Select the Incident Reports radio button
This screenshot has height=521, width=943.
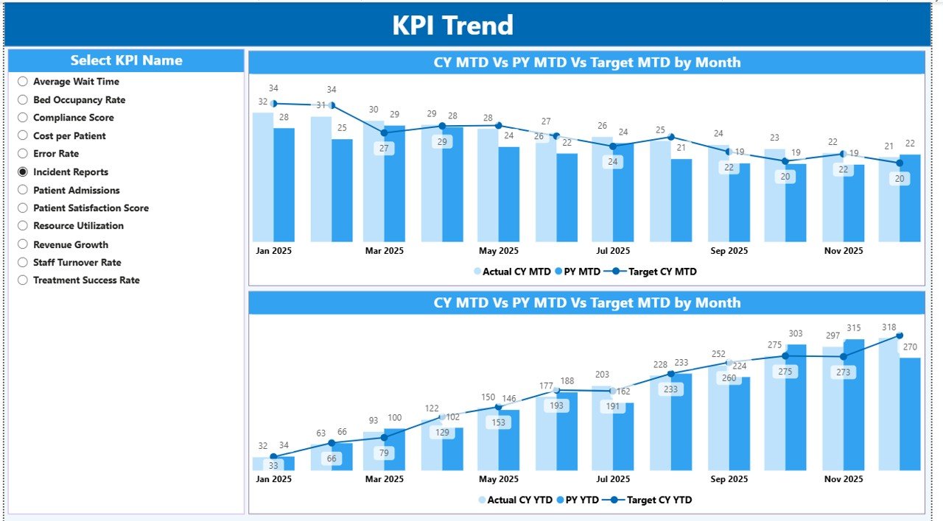[x=23, y=172]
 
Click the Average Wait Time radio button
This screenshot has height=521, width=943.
[x=23, y=82]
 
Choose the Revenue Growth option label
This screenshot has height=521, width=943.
[x=71, y=244]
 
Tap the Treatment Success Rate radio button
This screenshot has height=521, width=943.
[x=23, y=280]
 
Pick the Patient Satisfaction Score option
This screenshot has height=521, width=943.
[x=91, y=208]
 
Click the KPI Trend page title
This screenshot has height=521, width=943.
[x=452, y=26]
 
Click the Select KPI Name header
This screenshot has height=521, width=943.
[x=126, y=61]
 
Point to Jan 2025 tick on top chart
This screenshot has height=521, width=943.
[x=273, y=251]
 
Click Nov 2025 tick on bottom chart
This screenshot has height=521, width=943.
[x=844, y=479]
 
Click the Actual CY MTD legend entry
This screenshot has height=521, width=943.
[x=516, y=272]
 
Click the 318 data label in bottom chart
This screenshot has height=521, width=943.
[x=888, y=327]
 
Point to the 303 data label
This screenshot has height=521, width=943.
[x=796, y=334]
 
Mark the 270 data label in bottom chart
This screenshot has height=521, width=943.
[x=910, y=347]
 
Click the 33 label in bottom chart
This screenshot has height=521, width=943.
[x=273, y=466]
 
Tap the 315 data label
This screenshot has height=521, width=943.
[x=853, y=328]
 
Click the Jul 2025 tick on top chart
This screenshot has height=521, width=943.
[x=613, y=251]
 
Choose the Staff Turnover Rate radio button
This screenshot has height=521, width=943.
[x=23, y=263]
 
